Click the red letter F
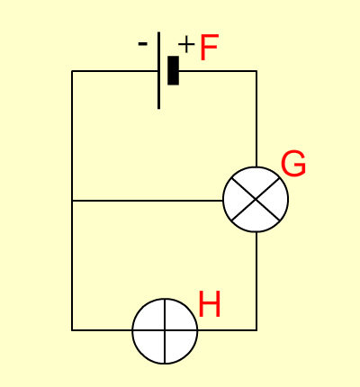coord(209,47)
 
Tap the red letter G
coord(293,164)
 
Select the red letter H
coord(210,304)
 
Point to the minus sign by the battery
coord(142,44)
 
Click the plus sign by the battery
coord(186,44)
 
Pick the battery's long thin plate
coord(158,70)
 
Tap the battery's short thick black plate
coord(173,70)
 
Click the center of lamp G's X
coord(256,199)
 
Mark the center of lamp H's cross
coord(165,330)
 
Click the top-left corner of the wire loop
coord(72,71)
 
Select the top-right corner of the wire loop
coord(256,71)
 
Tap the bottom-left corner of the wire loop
coord(72,330)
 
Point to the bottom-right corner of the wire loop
coord(256,330)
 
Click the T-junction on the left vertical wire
coord(72,200)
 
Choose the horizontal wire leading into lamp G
coord(148,200)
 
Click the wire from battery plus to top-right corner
coord(218,71)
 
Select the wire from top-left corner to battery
coord(114,71)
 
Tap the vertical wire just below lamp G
coord(256,281)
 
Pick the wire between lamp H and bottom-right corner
coord(227,330)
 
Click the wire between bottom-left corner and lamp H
coord(102,330)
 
